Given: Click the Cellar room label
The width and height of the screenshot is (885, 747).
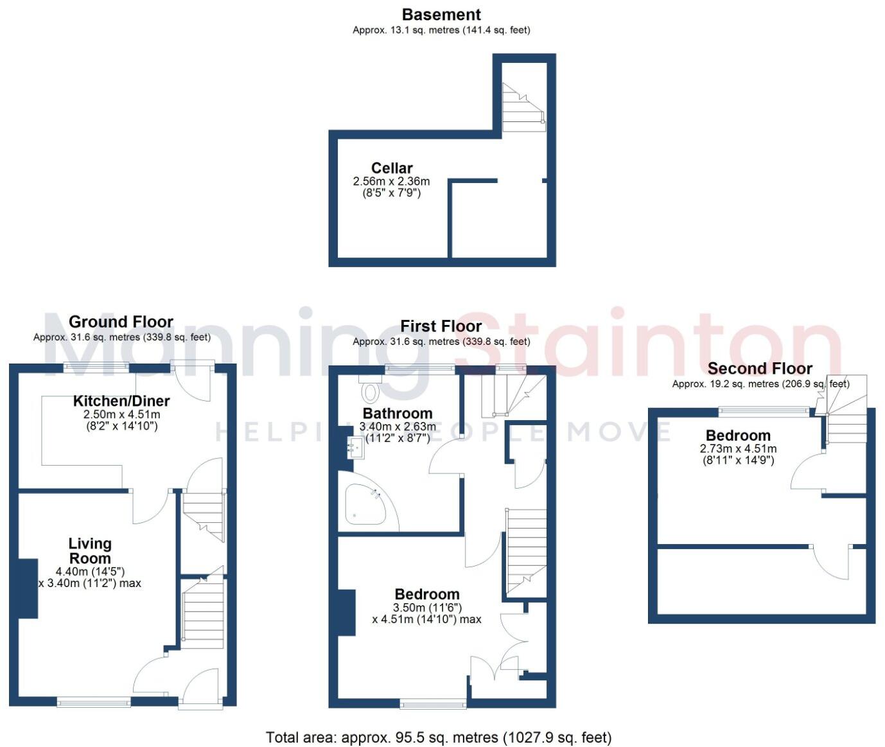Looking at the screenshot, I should [x=392, y=168].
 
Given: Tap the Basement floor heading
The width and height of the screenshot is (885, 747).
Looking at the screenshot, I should [x=441, y=14].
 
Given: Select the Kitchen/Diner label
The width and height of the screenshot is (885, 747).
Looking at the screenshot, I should [x=121, y=401].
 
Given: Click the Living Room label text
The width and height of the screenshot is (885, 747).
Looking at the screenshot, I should [x=90, y=551].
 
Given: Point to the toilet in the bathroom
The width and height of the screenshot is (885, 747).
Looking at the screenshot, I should [x=371, y=391].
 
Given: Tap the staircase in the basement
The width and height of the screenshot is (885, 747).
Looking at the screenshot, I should [x=521, y=107].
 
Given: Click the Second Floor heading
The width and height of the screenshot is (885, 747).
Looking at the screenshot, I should [x=760, y=369].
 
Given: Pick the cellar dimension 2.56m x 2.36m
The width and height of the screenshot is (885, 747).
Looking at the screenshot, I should [x=391, y=182].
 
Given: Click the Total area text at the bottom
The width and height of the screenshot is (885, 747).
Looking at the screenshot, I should [x=439, y=737].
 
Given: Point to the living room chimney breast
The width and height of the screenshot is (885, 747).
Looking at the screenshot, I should [x=28, y=588].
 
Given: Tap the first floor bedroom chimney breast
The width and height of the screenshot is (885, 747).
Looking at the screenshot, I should [x=346, y=612].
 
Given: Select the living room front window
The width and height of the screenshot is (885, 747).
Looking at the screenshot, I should [x=94, y=703].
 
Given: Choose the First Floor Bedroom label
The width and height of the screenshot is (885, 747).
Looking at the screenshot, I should [x=427, y=594].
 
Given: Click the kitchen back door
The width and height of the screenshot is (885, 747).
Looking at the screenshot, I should [x=193, y=380].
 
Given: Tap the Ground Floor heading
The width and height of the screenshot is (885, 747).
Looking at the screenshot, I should [x=121, y=322].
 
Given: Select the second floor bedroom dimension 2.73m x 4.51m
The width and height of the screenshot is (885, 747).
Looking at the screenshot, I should [x=738, y=449].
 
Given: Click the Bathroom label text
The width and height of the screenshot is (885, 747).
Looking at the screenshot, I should [x=398, y=413].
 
